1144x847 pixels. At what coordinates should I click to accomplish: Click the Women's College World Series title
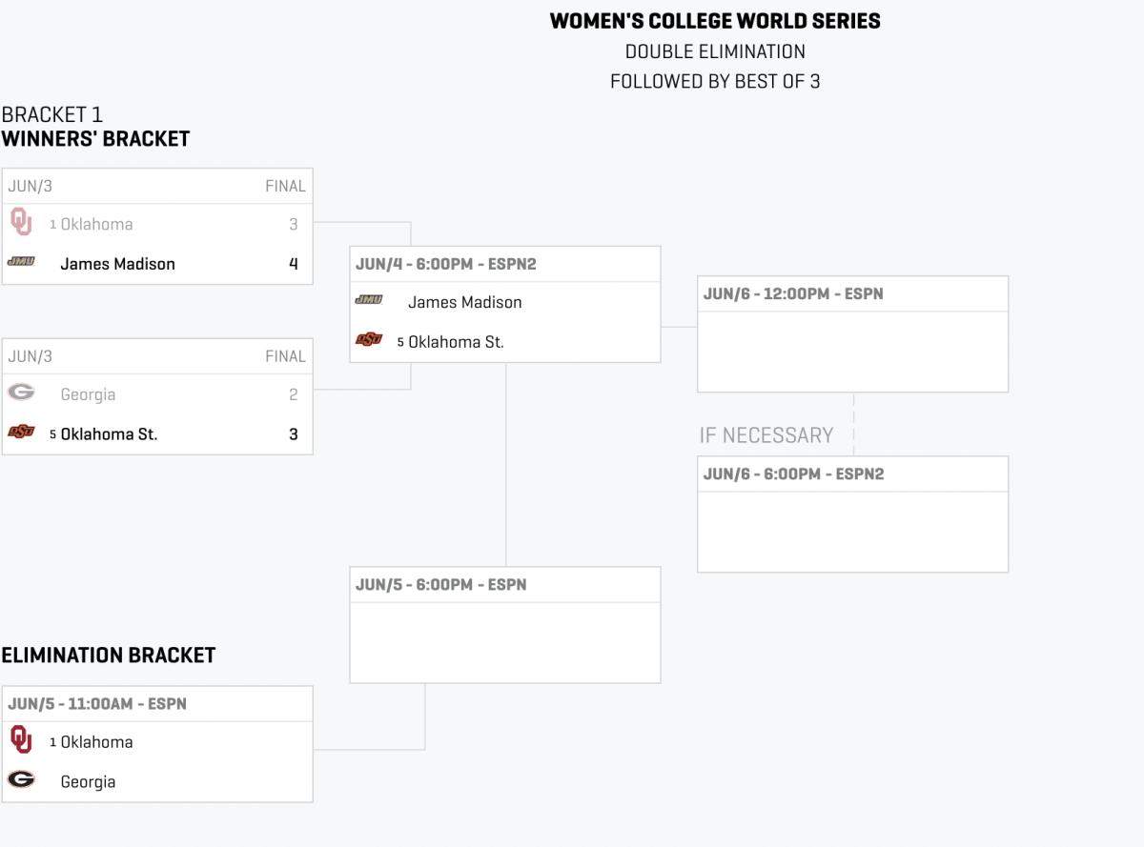pos(715,21)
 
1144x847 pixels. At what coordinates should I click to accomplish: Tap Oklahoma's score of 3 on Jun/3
pos(294,225)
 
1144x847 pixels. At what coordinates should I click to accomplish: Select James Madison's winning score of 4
pos(294,264)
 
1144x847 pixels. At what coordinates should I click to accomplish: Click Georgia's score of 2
pos(294,394)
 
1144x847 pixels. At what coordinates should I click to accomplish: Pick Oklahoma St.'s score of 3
pos(294,434)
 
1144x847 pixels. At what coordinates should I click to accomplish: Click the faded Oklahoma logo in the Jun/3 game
pos(21,223)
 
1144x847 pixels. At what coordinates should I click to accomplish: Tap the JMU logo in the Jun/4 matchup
pos(369,300)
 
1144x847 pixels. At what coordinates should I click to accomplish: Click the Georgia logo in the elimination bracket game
pos(21,780)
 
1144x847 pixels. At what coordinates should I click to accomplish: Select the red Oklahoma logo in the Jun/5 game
pos(21,740)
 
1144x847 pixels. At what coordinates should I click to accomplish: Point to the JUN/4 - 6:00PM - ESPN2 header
pos(446,264)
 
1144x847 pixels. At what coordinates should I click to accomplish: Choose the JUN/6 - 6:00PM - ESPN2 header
pos(793,474)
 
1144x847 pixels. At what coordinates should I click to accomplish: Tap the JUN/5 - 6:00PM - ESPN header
pos(440,585)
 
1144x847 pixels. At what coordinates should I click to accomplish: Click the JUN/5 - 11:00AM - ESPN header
pos(97,704)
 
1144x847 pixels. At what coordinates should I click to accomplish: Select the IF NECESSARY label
pos(766,435)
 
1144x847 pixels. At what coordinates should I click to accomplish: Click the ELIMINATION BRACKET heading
pos(109,655)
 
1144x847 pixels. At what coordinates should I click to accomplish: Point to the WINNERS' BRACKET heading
pos(95,139)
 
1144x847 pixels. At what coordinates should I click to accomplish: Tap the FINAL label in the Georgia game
pos(285,356)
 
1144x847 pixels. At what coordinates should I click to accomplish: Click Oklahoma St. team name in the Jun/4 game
pos(456,342)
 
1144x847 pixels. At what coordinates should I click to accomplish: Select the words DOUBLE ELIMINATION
pos(715,51)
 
